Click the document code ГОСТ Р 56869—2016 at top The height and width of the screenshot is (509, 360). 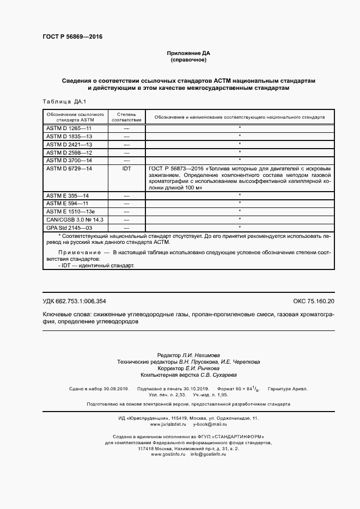72,37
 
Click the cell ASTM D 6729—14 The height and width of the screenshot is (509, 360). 69,169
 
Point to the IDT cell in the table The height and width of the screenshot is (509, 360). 126,169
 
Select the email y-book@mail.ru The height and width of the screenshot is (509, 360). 210,424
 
